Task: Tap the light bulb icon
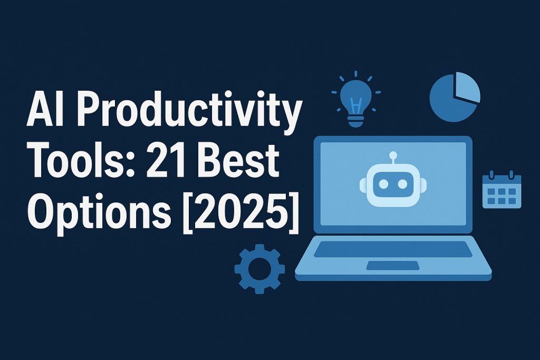(356, 99)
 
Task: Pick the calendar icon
(502, 189)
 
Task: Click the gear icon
(259, 269)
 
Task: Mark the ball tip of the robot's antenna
(392, 154)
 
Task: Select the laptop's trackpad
(392, 265)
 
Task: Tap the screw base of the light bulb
(356, 121)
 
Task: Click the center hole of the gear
(259, 269)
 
